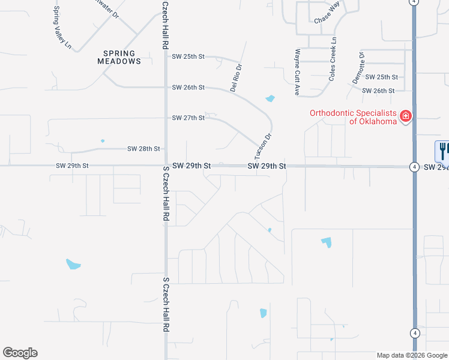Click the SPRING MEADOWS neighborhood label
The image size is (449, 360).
click(119, 57)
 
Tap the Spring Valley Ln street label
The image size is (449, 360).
click(62, 28)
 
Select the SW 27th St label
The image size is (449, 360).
click(188, 118)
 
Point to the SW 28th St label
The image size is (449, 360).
click(143, 148)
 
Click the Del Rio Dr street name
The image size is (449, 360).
click(236, 78)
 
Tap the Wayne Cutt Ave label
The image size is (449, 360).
click(297, 73)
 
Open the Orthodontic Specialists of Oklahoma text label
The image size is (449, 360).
click(353, 117)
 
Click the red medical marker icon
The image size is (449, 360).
click(406, 115)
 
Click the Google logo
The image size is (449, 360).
click(20, 353)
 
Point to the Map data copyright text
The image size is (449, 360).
click(412, 355)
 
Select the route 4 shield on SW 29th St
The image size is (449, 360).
click(415, 167)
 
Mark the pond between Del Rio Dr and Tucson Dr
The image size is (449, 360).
click(270, 98)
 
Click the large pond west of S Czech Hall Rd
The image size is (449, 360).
click(73, 264)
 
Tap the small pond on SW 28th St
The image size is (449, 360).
click(103, 142)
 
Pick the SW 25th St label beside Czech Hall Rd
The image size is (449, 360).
click(188, 56)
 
